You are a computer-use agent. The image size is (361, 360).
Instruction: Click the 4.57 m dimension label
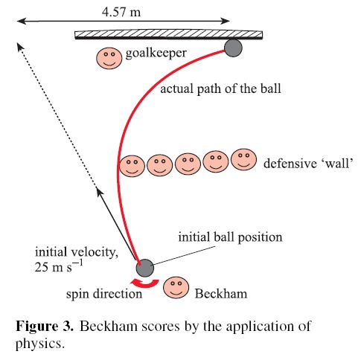tap(121, 12)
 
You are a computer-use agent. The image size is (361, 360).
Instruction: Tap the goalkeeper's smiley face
tap(109, 58)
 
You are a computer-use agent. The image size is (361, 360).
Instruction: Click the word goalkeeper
tap(156, 54)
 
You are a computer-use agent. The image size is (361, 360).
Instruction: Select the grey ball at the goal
tap(233, 48)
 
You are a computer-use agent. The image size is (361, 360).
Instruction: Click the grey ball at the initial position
tap(145, 268)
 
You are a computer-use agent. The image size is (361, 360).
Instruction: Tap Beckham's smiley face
tap(176, 288)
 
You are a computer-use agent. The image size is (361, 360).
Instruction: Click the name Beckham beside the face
tap(221, 294)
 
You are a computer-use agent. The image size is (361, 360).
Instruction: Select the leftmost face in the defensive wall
tap(132, 166)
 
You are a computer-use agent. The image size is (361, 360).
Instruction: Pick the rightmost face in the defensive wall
tap(243, 159)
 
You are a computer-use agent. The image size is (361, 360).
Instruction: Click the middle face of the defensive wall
tap(188, 164)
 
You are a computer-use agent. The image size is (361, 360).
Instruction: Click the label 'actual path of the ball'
tap(221, 89)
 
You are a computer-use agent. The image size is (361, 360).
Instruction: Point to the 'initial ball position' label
tap(230, 237)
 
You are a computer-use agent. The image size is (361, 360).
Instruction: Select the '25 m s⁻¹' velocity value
tap(59, 266)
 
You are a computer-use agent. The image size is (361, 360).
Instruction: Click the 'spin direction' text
tap(104, 294)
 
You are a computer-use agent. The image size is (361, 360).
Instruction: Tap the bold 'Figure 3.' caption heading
tap(45, 326)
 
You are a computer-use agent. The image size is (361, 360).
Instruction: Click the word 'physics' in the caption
tap(39, 344)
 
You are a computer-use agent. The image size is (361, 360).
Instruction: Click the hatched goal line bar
tap(169, 35)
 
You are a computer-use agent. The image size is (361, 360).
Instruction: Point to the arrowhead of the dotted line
tap(19, 46)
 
